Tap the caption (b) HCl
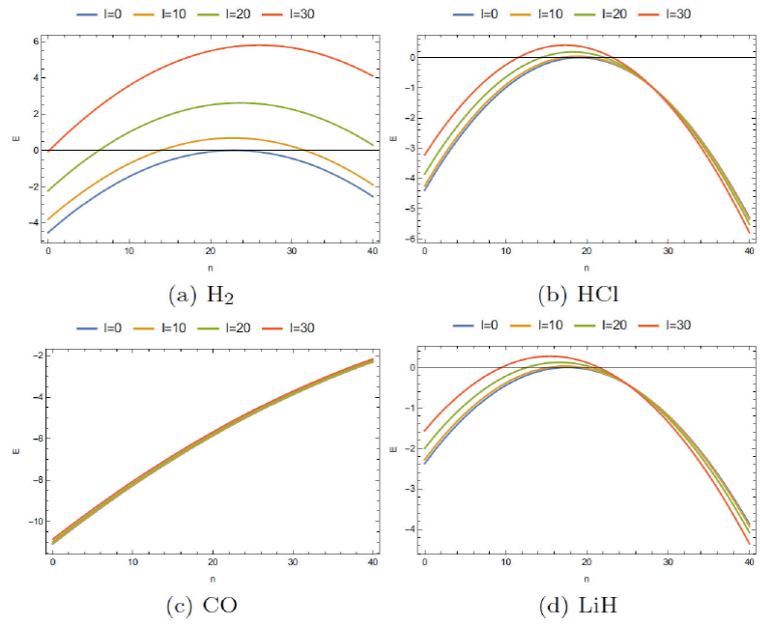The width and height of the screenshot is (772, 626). point(584,288)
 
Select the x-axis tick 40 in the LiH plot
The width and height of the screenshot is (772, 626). point(748,562)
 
